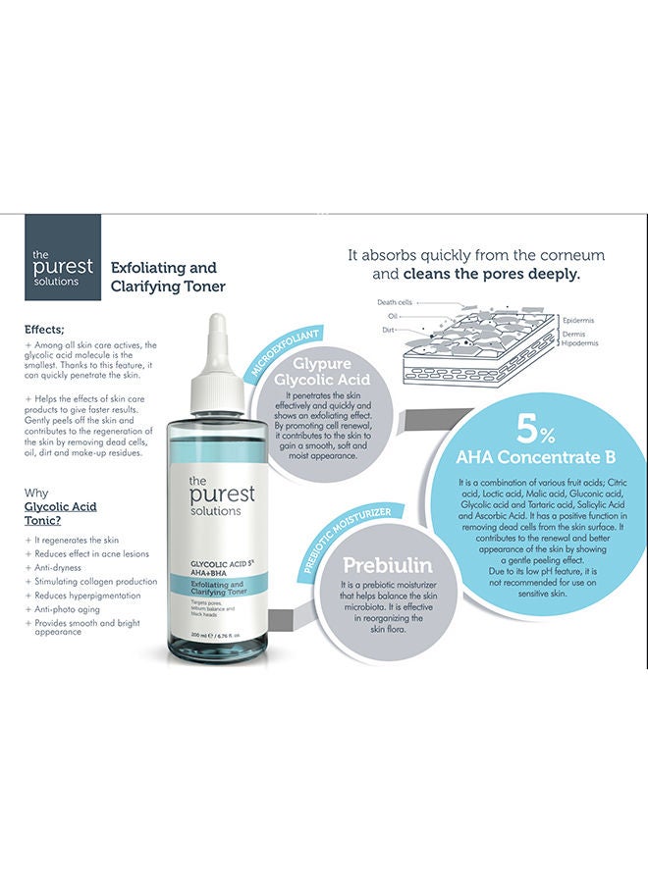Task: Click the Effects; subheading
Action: pos(48,331)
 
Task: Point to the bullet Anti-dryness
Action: pos(61,567)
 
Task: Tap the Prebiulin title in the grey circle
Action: pos(388,566)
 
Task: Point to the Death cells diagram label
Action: pos(397,302)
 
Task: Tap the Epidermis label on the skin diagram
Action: pos(580,320)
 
